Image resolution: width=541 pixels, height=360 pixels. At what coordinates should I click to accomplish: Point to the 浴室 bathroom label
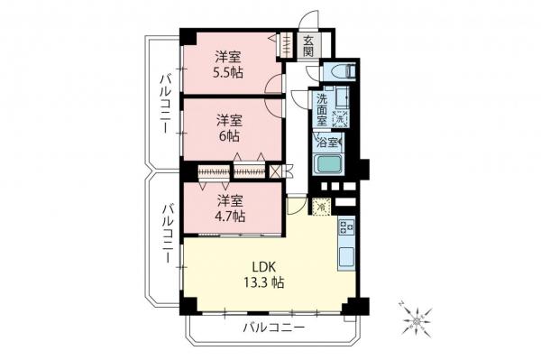pyautogui.click(x=326, y=142)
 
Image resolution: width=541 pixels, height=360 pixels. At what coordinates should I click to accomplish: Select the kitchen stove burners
pyautogui.click(x=347, y=228)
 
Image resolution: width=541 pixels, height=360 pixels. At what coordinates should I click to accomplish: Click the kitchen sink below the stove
pyautogui.click(x=347, y=254)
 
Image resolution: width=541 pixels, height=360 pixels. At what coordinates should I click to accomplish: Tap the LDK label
pyautogui.click(x=263, y=266)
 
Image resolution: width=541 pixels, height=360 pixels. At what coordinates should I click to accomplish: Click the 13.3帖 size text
pyautogui.click(x=263, y=282)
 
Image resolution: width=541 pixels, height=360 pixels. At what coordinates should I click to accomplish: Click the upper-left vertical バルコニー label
pyautogui.click(x=166, y=105)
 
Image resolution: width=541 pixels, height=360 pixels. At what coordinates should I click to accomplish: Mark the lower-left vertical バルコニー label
pyautogui.click(x=167, y=234)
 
